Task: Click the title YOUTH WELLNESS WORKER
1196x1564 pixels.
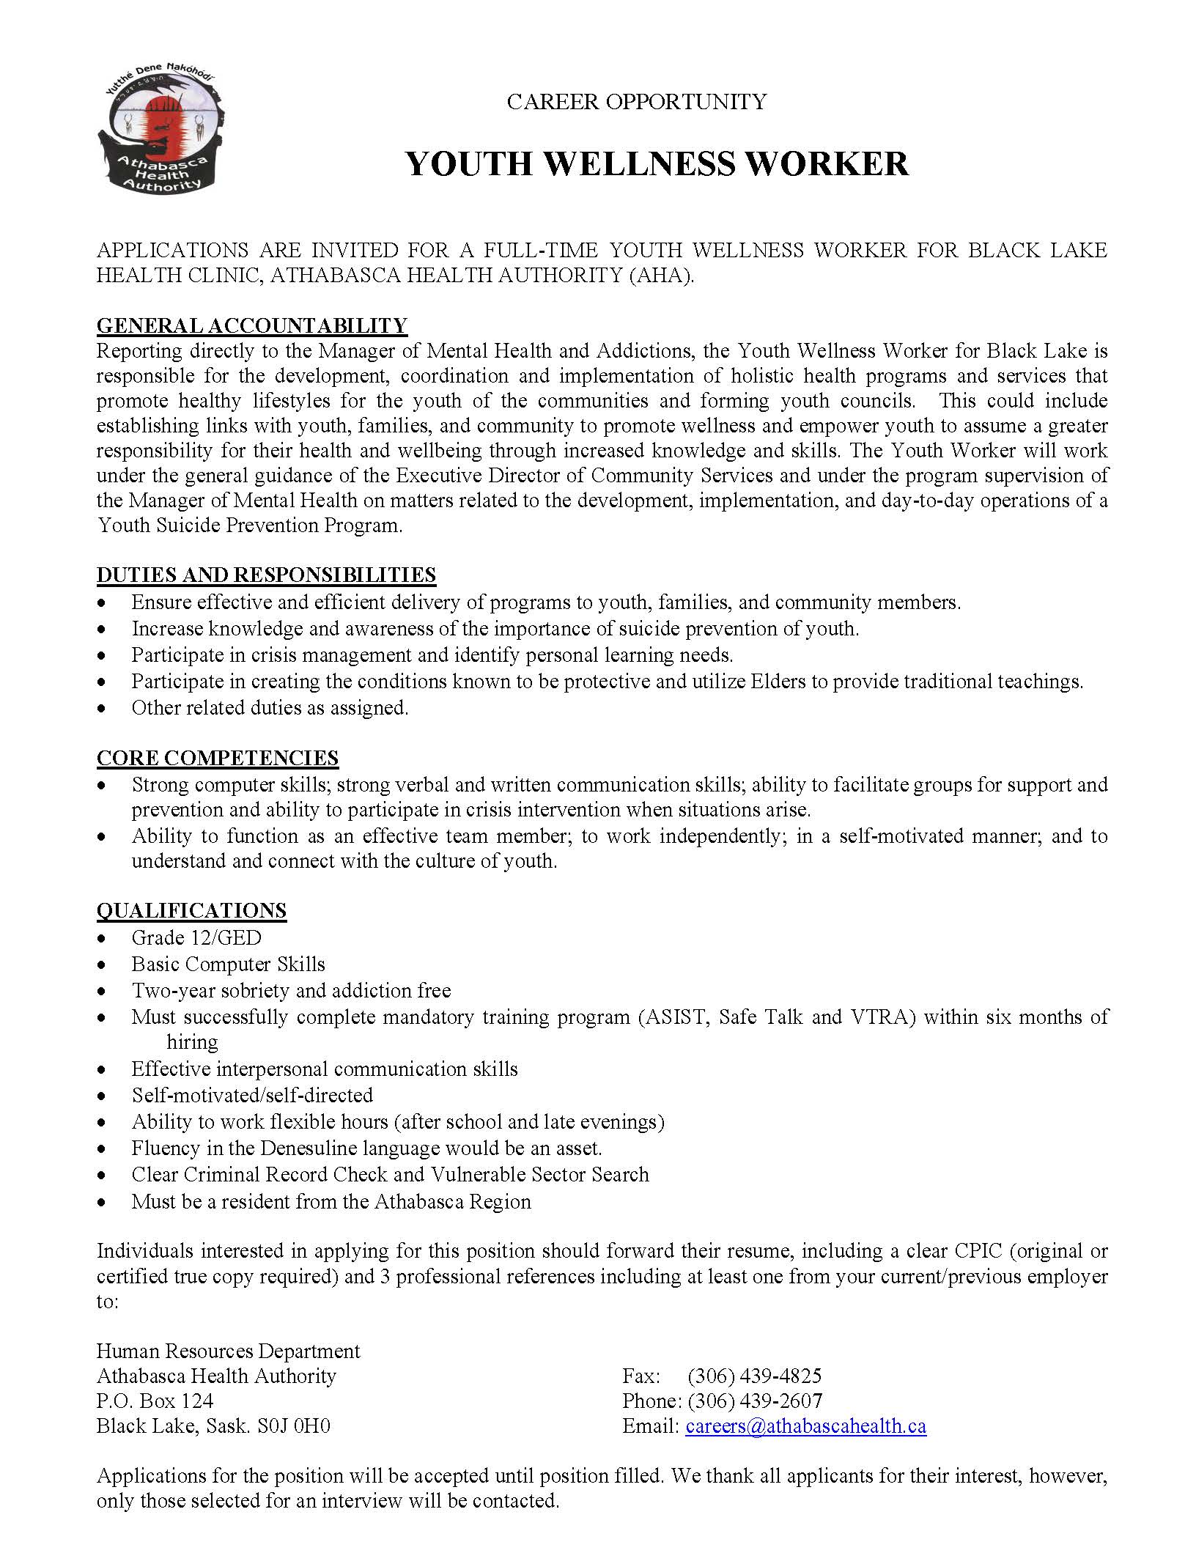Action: (x=657, y=163)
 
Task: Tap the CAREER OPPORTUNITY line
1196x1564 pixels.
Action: (x=636, y=102)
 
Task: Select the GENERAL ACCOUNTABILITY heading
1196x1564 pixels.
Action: (x=251, y=325)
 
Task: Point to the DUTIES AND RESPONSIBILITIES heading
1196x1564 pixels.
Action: (x=266, y=575)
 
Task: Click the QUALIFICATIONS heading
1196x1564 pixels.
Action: (x=191, y=910)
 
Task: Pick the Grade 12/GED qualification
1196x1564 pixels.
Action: (x=196, y=937)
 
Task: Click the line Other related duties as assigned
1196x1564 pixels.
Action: (x=270, y=707)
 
